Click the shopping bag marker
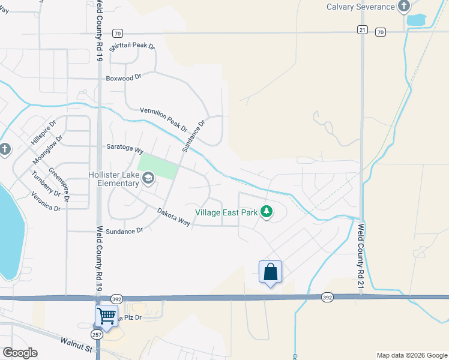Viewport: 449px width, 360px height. pyautogui.click(x=270, y=272)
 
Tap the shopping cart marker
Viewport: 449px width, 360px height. pyautogui.click(x=106, y=315)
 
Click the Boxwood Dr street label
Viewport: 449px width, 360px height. pyautogui.click(x=123, y=77)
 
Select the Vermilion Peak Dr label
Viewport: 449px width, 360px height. pyautogui.click(x=164, y=119)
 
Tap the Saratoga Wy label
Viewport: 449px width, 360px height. pyautogui.click(x=125, y=149)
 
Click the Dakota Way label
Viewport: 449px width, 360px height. pyautogui.click(x=173, y=217)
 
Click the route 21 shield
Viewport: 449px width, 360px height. pyautogui.click(x=361, y=29)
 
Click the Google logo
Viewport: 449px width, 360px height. pyautogui.click(x=20, y=353)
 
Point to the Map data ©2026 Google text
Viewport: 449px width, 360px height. pyautogui.click(x=411, y=355)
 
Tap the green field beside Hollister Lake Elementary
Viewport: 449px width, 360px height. pyautogui.click(x=158, y=166)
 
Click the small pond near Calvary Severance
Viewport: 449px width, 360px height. pyautogui.click(x=415, y=19)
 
